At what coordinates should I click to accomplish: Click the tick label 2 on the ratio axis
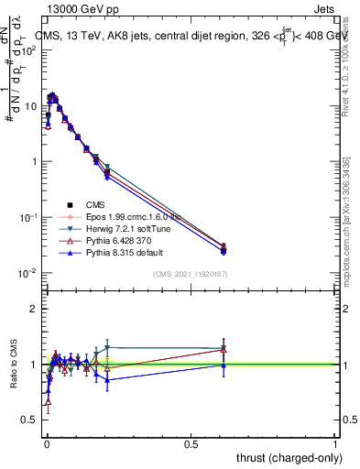coord(33,309)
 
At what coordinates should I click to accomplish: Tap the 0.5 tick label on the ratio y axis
coord(29,420)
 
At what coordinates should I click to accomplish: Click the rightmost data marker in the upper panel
coord(224,248)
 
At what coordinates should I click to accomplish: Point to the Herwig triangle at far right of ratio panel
coord(224,348)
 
